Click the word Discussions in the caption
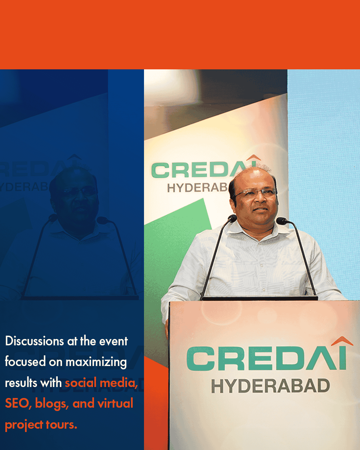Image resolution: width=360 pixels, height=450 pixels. click(34, 341)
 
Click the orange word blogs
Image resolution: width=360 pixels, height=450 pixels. click(52, 404)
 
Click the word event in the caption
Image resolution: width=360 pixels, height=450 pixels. click(113, 342)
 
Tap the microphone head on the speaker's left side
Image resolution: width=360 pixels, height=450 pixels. click(232, 219)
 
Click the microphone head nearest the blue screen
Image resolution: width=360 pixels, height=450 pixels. click(282, 221)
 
